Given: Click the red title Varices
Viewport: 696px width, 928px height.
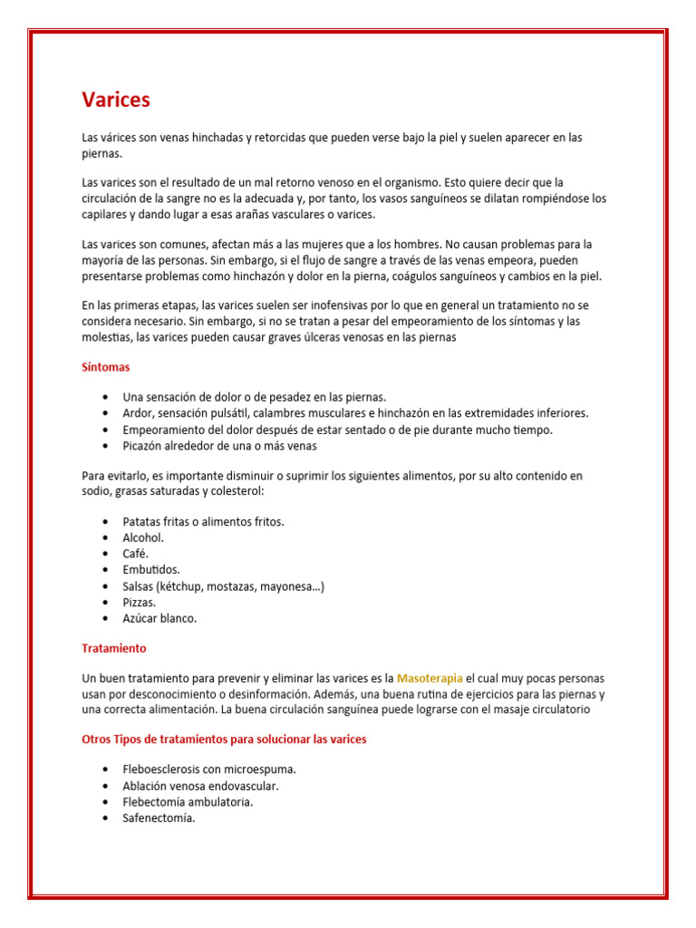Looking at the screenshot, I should tap(116, 100).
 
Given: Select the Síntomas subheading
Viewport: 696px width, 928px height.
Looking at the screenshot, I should tap(105, 367).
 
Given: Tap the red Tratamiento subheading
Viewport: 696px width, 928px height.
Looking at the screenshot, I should tap(113, 649).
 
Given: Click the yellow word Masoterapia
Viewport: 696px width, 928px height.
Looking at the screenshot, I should tap(430, 678).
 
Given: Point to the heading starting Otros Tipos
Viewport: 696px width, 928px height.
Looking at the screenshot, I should tap(224, 739).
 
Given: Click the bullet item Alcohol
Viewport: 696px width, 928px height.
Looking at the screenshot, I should tap(143, 537).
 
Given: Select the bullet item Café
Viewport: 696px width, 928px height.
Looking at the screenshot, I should tap(135, 554).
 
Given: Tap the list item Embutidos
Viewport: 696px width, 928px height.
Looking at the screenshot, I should tap(151, 570).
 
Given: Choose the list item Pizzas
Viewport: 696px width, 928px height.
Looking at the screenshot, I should tap(140, 603).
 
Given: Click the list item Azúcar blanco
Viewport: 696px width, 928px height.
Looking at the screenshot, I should tap(159, 619).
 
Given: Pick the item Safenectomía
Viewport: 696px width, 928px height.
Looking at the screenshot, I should tap(159, 818).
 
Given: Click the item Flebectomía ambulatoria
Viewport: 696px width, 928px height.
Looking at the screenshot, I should tap(188, 802).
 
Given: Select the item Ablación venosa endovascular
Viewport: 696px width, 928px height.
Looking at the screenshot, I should tap(200, 786).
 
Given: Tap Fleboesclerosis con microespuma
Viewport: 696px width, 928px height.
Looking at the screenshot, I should tap(209, 769).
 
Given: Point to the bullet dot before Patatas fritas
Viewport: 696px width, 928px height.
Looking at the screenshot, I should tap(106, 522).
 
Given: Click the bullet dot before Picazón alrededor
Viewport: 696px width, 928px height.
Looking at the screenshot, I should tap(106, 446).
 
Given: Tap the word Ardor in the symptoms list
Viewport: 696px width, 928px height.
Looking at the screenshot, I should tap(138, 413).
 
